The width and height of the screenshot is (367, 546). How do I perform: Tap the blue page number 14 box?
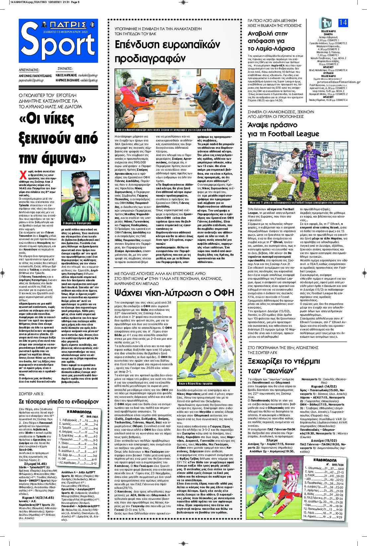[343, 22]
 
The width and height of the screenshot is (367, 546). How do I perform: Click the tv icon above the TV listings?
[325, 23]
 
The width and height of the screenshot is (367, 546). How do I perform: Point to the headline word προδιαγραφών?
[150, 59]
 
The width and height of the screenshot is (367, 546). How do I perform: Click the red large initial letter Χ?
[23, 174]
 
